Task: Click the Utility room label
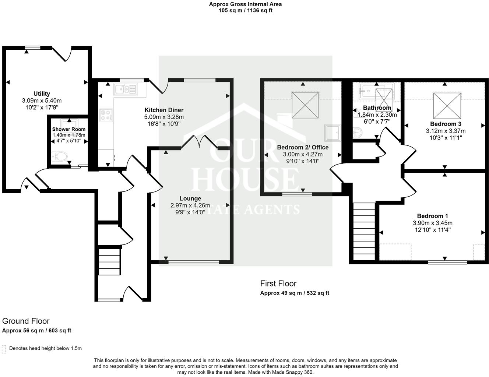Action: (42, 94)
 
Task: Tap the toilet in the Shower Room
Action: (60, 156)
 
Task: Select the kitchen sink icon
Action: (125, 89)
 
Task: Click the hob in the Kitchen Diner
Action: (106, 115)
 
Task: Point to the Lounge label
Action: (190, 198)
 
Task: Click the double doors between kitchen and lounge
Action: (199, 142)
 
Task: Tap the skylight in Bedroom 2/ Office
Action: (305, 105)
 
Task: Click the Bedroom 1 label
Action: (432, 216)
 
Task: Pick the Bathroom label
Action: (377, 108)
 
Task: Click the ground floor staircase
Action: (109, 261)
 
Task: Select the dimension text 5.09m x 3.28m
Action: (164, 117)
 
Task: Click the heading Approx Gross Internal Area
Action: (245, 4)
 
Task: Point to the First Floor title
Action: (278, 283)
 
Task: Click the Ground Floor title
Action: (26, 321)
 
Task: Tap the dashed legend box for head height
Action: (4, 349)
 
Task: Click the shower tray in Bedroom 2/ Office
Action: (333, 133)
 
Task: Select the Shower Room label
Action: (68, 129)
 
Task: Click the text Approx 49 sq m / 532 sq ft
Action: (295, 293)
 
